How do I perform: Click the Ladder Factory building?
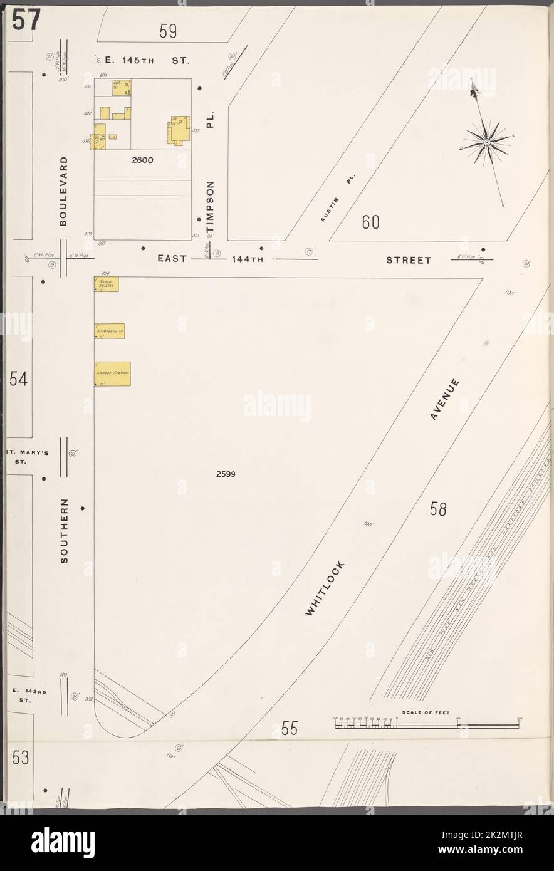click(113, 373)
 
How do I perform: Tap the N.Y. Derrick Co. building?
click(110, 331)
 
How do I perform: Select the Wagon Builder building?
click(107, 284)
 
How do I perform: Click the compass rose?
click(487, 143)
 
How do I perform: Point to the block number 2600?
click(142, 160)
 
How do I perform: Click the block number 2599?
click(225, 474)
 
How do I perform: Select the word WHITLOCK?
click(325, 589)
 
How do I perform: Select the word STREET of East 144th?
click(409, 259)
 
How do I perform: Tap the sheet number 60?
click(370, 222)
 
